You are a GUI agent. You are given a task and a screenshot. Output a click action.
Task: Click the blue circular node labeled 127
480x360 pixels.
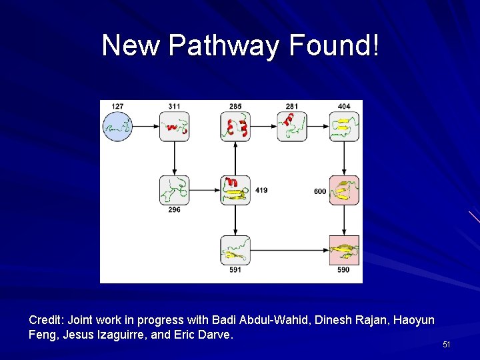pyautogui.click(x=117, y=126)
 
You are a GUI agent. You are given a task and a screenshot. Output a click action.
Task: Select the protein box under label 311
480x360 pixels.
pyautogui.click(x=174, y=126)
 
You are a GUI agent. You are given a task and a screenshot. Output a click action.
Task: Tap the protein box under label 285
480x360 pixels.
pyautogui.click(x=235, y=126)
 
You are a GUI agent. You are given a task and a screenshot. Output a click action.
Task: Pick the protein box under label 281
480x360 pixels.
pyautogui.click(x=291, y=126)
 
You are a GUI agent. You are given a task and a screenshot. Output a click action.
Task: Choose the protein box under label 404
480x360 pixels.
pyautogui.click(x=344, y=126)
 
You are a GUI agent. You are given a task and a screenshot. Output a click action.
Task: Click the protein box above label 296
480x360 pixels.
pyautogui.click(x=174, y=190)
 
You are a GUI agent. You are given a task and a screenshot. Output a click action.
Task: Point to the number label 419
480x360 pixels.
pyautogui.click(x=261, y=191)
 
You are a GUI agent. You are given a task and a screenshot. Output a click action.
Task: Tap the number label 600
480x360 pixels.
pyautogui.click(x=320, y=191)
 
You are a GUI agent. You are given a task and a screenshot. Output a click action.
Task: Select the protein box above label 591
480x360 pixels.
pyautogui.click(x=235, y=251)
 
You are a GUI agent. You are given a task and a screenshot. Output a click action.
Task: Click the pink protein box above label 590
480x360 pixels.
pyautogui.click(x=344, y=251)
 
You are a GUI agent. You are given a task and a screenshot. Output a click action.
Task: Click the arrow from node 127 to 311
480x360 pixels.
pyautogui.click(x=146, y=126)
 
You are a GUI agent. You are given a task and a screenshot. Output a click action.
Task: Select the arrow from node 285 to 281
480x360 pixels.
pyautogui.click(x=263, y=126)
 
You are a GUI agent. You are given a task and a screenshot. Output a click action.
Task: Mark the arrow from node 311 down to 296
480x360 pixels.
pyautogui.click(x=174, y=158)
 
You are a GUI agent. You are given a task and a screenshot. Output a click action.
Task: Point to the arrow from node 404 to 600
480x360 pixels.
pyautogui.click(x=344, y=158)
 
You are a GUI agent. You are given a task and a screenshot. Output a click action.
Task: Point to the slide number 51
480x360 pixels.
pyautogui.click(x=447, y=345)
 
